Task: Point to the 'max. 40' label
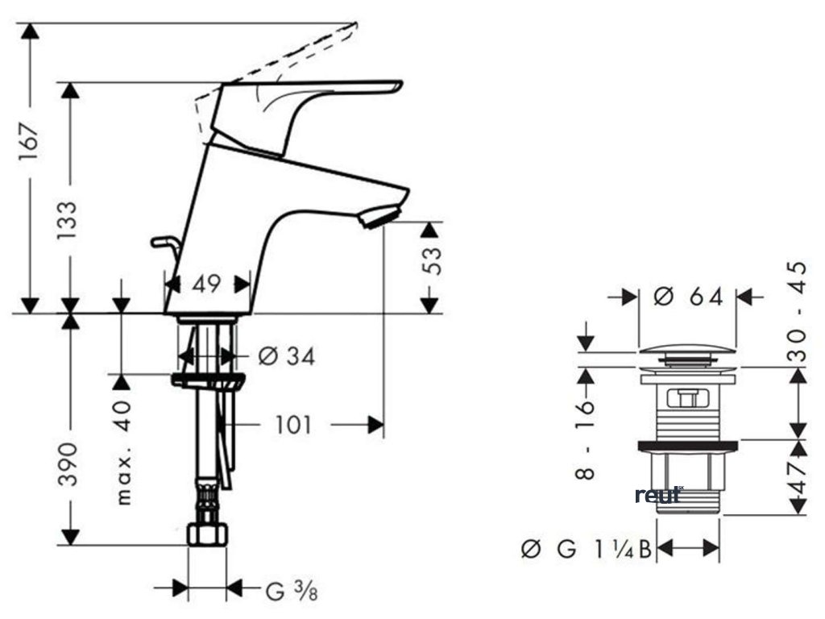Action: [x=122, y=452]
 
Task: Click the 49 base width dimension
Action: [x=207, y=284]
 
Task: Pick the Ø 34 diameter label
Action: [x=287, y=355]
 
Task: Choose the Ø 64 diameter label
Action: [x=689, y=297]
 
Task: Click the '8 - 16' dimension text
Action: [x=586, y=439]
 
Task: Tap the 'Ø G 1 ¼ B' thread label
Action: [x=586, y=550]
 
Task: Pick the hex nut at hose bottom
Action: [x=207, y=534]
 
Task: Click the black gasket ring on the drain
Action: [x=688, y=445]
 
